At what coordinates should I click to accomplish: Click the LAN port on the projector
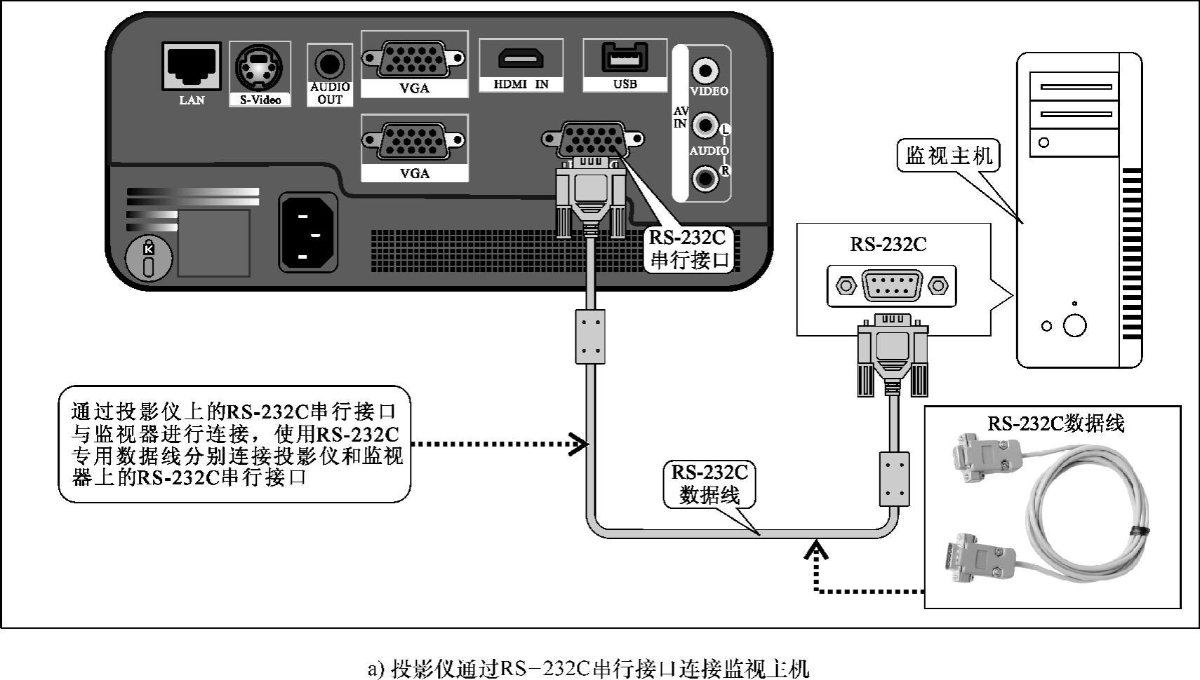191,66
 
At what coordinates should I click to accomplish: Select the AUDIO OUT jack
329,64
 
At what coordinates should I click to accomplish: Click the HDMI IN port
520,57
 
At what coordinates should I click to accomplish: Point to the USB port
624,56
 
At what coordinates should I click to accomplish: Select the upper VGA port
413,59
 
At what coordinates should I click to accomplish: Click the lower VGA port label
414,173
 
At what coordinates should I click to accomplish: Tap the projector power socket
307,231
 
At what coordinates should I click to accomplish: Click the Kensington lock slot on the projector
149,258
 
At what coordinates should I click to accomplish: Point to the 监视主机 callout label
948,156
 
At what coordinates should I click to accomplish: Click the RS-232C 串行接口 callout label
688,248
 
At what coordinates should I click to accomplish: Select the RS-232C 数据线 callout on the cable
709,484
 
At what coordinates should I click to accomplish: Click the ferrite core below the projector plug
590,336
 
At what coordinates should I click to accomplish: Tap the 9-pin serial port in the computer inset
891,285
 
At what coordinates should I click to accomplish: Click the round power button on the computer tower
1074,325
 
